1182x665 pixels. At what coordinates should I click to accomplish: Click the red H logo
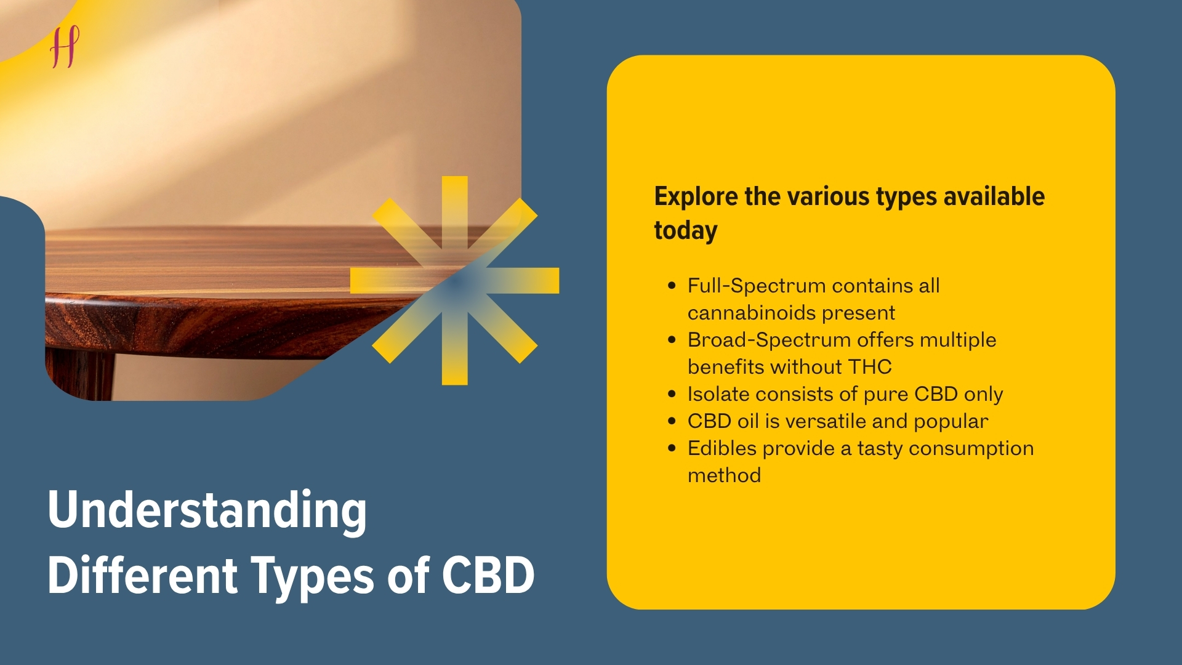click(x=65, y=47)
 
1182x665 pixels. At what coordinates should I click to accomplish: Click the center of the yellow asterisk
click(x=455, y=281)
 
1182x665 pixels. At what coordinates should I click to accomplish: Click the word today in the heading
click(x=686, y=231)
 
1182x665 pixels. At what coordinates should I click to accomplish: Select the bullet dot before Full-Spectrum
click(x=672, y=286)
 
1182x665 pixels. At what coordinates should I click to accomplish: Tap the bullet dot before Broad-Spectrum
click(x=672, y=340)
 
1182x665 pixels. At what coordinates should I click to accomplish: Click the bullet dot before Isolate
click(x=672, y=394)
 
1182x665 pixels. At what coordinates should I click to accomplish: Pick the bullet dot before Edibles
click(x=672, y=448)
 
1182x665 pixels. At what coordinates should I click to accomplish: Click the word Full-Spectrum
click(x=757, y=286)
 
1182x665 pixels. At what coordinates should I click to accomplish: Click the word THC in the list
click(x=870, y=367)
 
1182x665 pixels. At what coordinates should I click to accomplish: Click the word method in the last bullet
click(x=725, y=475)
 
